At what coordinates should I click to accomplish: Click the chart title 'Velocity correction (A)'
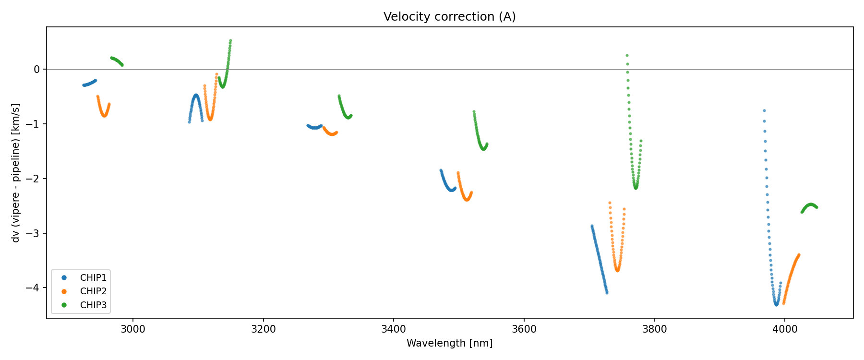(x=449, y=17)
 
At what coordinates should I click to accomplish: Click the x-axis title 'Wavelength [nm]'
(x=449, y=343)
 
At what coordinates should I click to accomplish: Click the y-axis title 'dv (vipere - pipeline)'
(x=16, y=173)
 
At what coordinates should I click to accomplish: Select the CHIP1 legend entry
(x=93, y=278)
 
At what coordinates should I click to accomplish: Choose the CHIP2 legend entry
(x=93, y=291)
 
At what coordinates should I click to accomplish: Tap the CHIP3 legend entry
(x=93, y=305)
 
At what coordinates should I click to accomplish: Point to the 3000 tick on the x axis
(x=133, y=330)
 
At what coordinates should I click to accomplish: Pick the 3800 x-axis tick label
(x=654, y=330)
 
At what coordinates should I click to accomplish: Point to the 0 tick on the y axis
(x=37, y=70)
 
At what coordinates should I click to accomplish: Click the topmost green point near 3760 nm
(x=627, y=56)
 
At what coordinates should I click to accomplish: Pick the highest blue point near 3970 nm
(x=764, y=110)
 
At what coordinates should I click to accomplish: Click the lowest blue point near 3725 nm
(x=607, y=292)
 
